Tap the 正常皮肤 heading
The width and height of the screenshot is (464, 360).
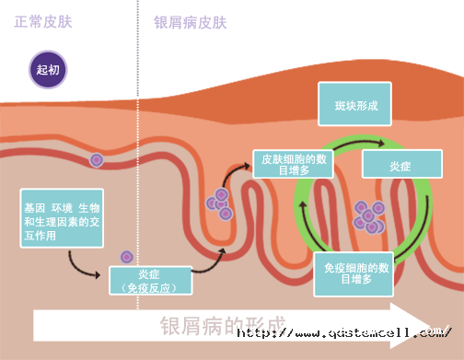[x=46, y=21]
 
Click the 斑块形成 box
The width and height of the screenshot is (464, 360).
[x=355, y=106]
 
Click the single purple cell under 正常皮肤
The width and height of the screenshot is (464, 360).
[x=96, y=160]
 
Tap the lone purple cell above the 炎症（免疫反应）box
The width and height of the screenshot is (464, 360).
[x=127, y=257]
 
